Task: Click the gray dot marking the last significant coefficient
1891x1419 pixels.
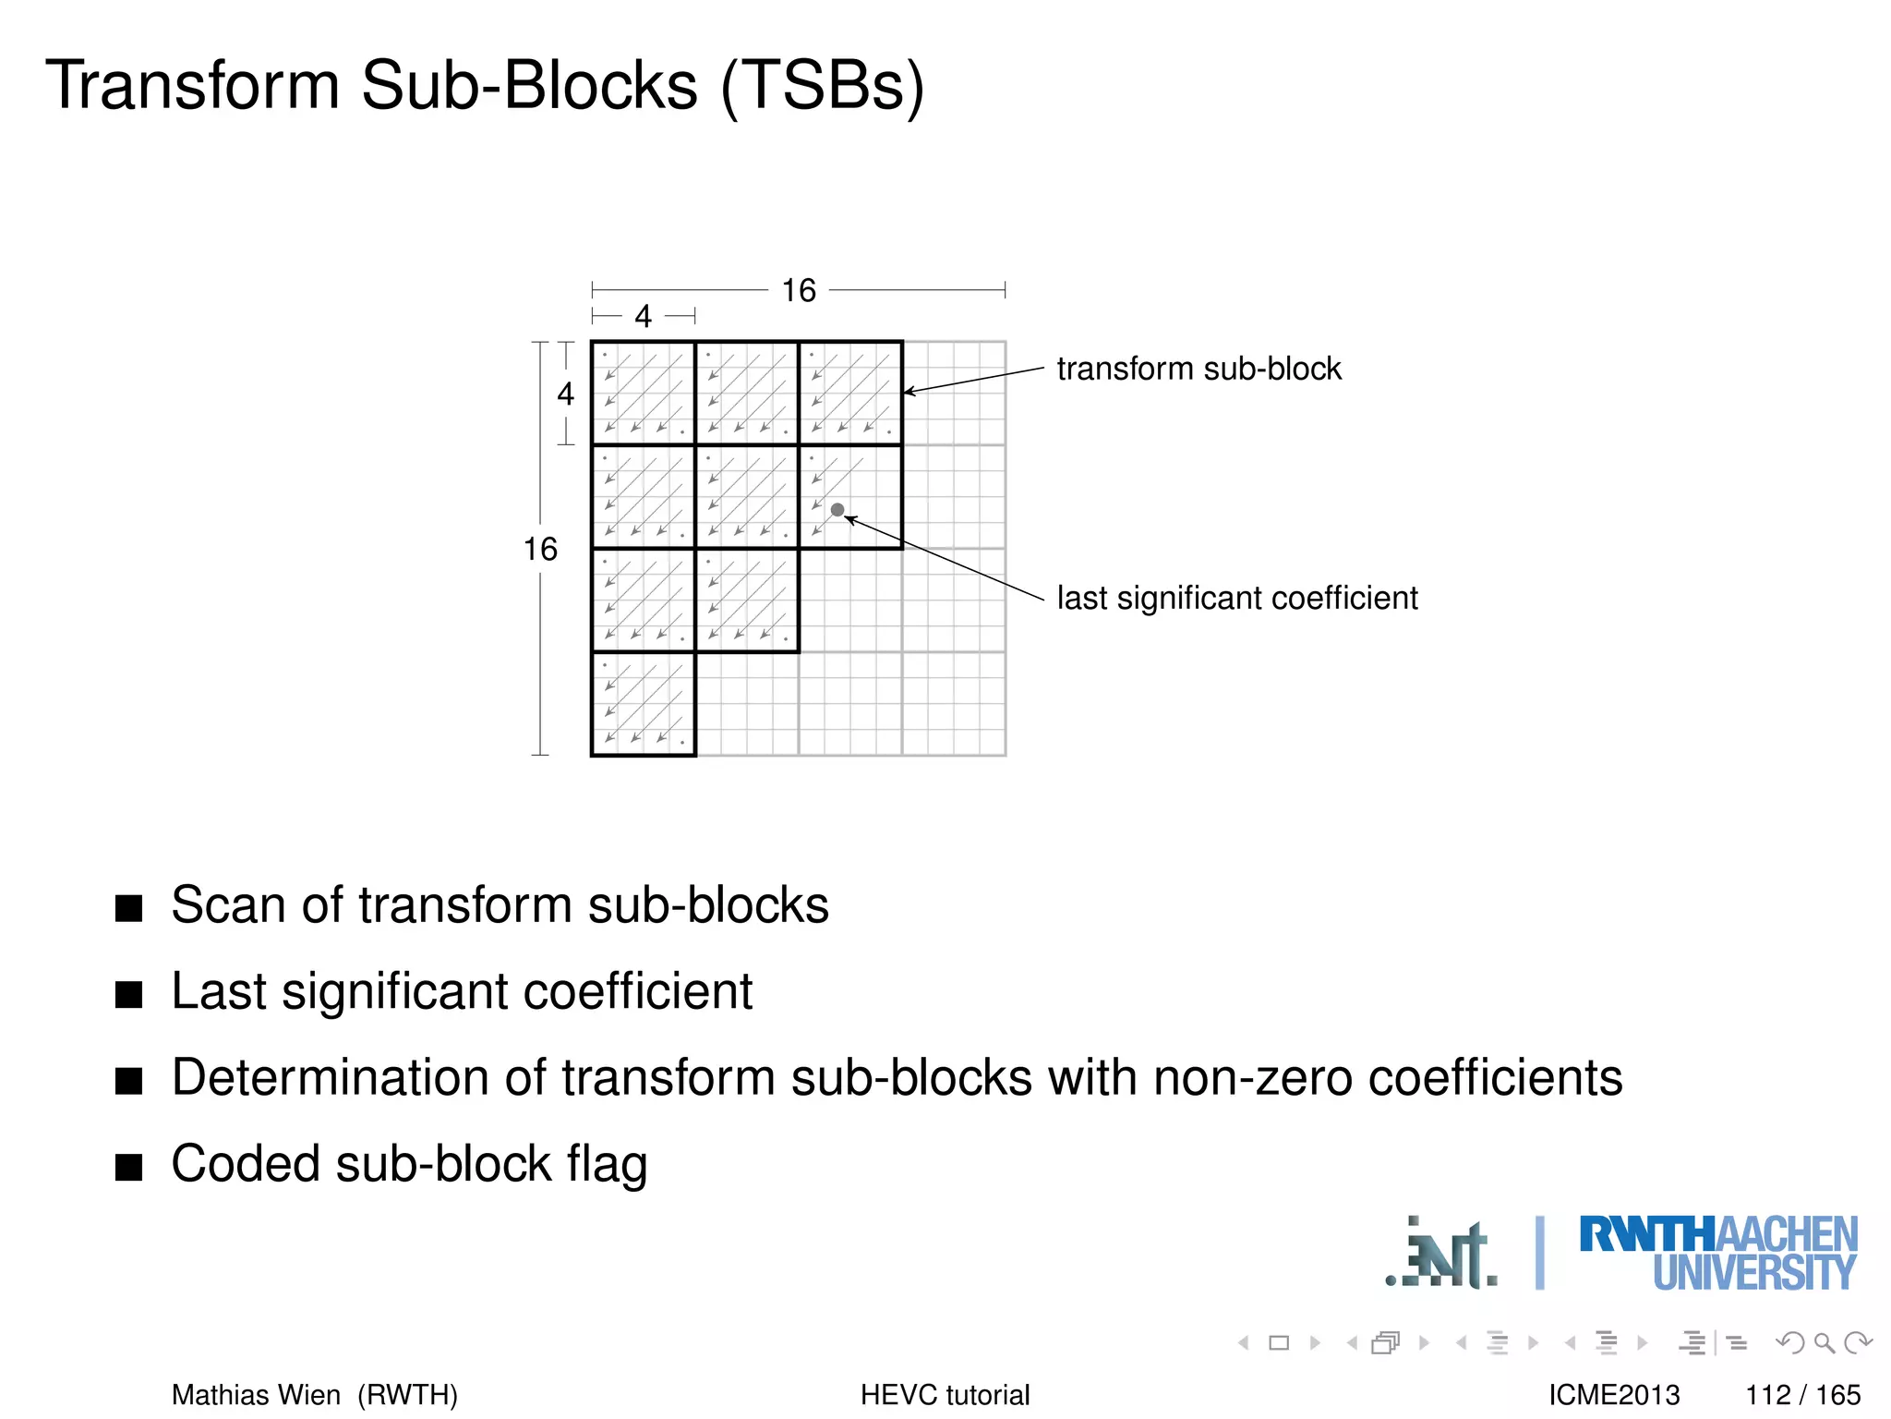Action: click(837, 510)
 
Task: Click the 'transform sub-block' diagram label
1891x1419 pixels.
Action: click(1198, 369)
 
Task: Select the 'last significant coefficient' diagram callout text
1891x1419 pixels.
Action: click(1236, 598)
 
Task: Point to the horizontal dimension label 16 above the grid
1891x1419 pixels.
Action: click(799, 290)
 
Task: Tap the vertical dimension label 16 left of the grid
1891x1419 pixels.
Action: click(540, 549)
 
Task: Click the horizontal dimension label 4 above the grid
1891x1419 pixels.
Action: click(643, 317)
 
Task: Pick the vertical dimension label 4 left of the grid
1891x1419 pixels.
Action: click(565, 394)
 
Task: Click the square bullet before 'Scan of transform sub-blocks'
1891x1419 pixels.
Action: click(129, 907)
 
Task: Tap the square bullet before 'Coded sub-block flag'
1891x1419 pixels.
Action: click(129, 1167)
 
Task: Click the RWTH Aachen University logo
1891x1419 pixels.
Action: click(1717, 1253)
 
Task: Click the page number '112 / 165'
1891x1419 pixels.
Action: click(1802, 1394)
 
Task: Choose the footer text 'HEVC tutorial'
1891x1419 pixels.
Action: click(945, 1394)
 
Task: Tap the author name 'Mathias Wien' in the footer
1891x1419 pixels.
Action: click(256, 1394)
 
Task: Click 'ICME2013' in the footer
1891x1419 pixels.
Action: click(1614, 1394)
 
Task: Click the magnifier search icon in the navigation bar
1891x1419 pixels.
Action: click(1824, 1342)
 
